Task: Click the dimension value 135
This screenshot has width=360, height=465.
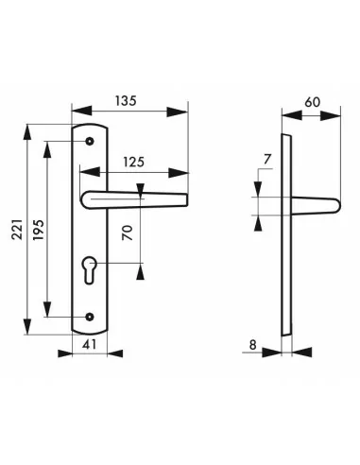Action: [x=126, y=101]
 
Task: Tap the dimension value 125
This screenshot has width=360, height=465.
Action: [x=133, y=162]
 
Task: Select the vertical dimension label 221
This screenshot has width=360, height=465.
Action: [x=18, y=230]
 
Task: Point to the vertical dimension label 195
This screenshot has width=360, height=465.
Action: [x=39, y=230]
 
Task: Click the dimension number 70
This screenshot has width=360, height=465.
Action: [x=129, y=233]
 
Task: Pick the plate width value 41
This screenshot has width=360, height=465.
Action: [x=89, y=344]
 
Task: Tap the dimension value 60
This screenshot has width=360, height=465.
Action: [x=313, y=102]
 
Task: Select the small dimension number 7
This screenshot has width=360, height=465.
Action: [x=267, y=159]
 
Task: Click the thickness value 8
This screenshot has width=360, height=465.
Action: [x=253, y=345]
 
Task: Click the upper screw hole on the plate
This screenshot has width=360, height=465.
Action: [x=90, y=141]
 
